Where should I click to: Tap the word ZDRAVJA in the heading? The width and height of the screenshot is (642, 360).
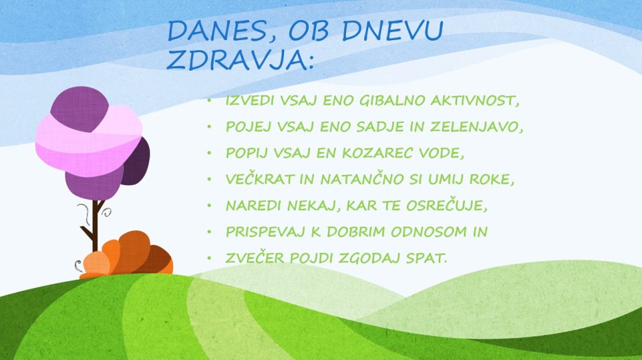click(x=240, y=60)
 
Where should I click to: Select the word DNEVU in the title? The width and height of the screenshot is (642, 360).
click(x=392, y=30)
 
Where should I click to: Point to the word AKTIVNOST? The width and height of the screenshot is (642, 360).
click(x=475, y=100)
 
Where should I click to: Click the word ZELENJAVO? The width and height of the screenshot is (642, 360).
click(x=476, y=127)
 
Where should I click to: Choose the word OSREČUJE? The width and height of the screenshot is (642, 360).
click(x=446, y=205)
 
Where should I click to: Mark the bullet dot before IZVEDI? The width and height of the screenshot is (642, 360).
click(x=209, y=100)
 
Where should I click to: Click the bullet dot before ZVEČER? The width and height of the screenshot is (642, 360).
click(x=209, y=258)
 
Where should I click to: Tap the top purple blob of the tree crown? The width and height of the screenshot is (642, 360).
click(x=80, y=109)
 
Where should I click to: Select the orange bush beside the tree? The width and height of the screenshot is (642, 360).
click(x=127, y=255)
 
